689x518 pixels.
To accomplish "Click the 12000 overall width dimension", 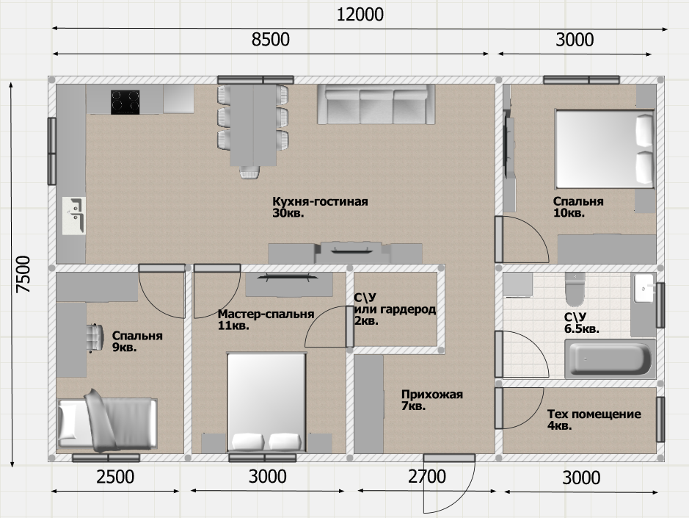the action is (360, 15).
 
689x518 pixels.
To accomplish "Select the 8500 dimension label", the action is (270, 40).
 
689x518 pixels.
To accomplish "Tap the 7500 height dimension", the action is (23, 274).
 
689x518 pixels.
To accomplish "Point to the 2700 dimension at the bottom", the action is (426, 477).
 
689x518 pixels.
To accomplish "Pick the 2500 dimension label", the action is (115, 477).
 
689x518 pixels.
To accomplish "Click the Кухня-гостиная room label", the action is (320, 201).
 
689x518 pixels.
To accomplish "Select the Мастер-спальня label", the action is (266, 314).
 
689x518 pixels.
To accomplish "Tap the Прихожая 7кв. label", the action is (432, 400).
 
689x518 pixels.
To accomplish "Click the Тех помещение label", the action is (594, 414).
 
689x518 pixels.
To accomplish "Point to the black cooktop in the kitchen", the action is (125, 102).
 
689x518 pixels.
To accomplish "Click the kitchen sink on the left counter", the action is (74, 216).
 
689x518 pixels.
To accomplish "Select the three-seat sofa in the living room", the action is (376, 104).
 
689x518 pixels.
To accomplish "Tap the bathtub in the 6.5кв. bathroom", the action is (610, 359).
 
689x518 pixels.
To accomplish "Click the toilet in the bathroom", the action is (575, 289).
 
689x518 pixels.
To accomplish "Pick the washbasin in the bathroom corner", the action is (644, 289).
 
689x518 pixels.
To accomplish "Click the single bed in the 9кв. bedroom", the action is (107, 421).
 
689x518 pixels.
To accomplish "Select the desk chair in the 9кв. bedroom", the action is (95, 338).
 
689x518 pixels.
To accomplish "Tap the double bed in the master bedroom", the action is (266, 402).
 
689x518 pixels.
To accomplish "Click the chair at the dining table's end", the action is (249, 172).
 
